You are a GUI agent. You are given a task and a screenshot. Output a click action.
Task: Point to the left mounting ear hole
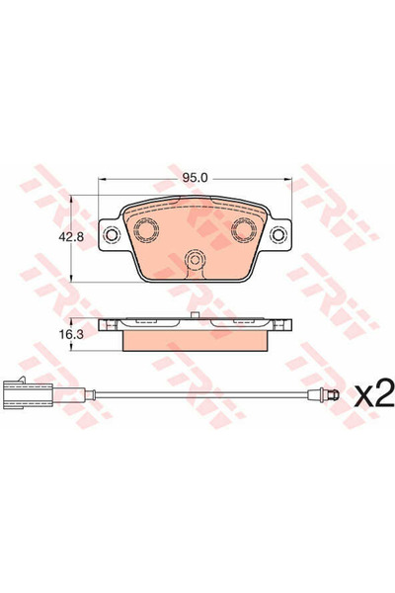tap(112, 234)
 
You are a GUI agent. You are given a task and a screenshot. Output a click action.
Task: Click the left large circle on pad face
tap(148, 231)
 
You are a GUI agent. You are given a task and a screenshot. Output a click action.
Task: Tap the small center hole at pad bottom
tap(196, 263)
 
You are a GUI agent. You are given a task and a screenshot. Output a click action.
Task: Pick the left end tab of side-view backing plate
tap(106, 324)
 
